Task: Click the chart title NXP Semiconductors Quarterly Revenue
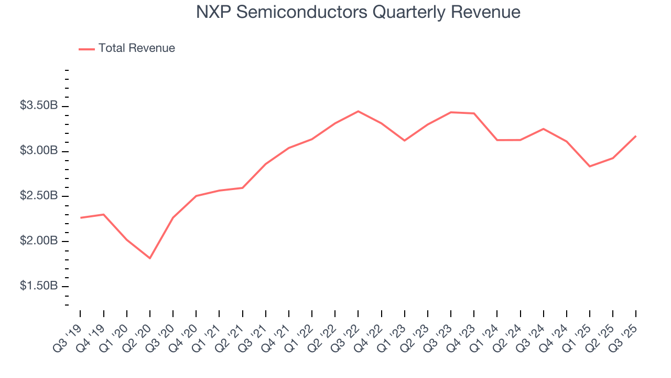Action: pyautogui.click(x=358, y=13)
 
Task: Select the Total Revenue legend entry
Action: pyautogui.click(x=136, y=48)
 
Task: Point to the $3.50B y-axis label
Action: pyautogui.click(x=39, y=106)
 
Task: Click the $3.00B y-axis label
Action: pyautogui.click(x=39, y=151)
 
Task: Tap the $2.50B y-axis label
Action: pyautogui.click(x=39, y=196)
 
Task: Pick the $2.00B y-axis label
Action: pyautogui.click(x=39, y=241)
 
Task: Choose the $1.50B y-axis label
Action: pyautogui.click(x=39, y=287)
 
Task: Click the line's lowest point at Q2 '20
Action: pyautogui.click(x=150, y=258)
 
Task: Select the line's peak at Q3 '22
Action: pyautogui.click(x=358, y=111)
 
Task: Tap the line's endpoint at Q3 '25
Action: pyautogui.click(x=636, y=136)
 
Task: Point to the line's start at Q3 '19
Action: pyautogui.click(x=80, y=217)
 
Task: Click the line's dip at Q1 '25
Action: pyautogui.click(x=590, y=166)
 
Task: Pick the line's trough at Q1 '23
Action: pyautogui.click(x=404, y=140)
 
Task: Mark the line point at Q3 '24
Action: pyautogui.click(x=544, y=129)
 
